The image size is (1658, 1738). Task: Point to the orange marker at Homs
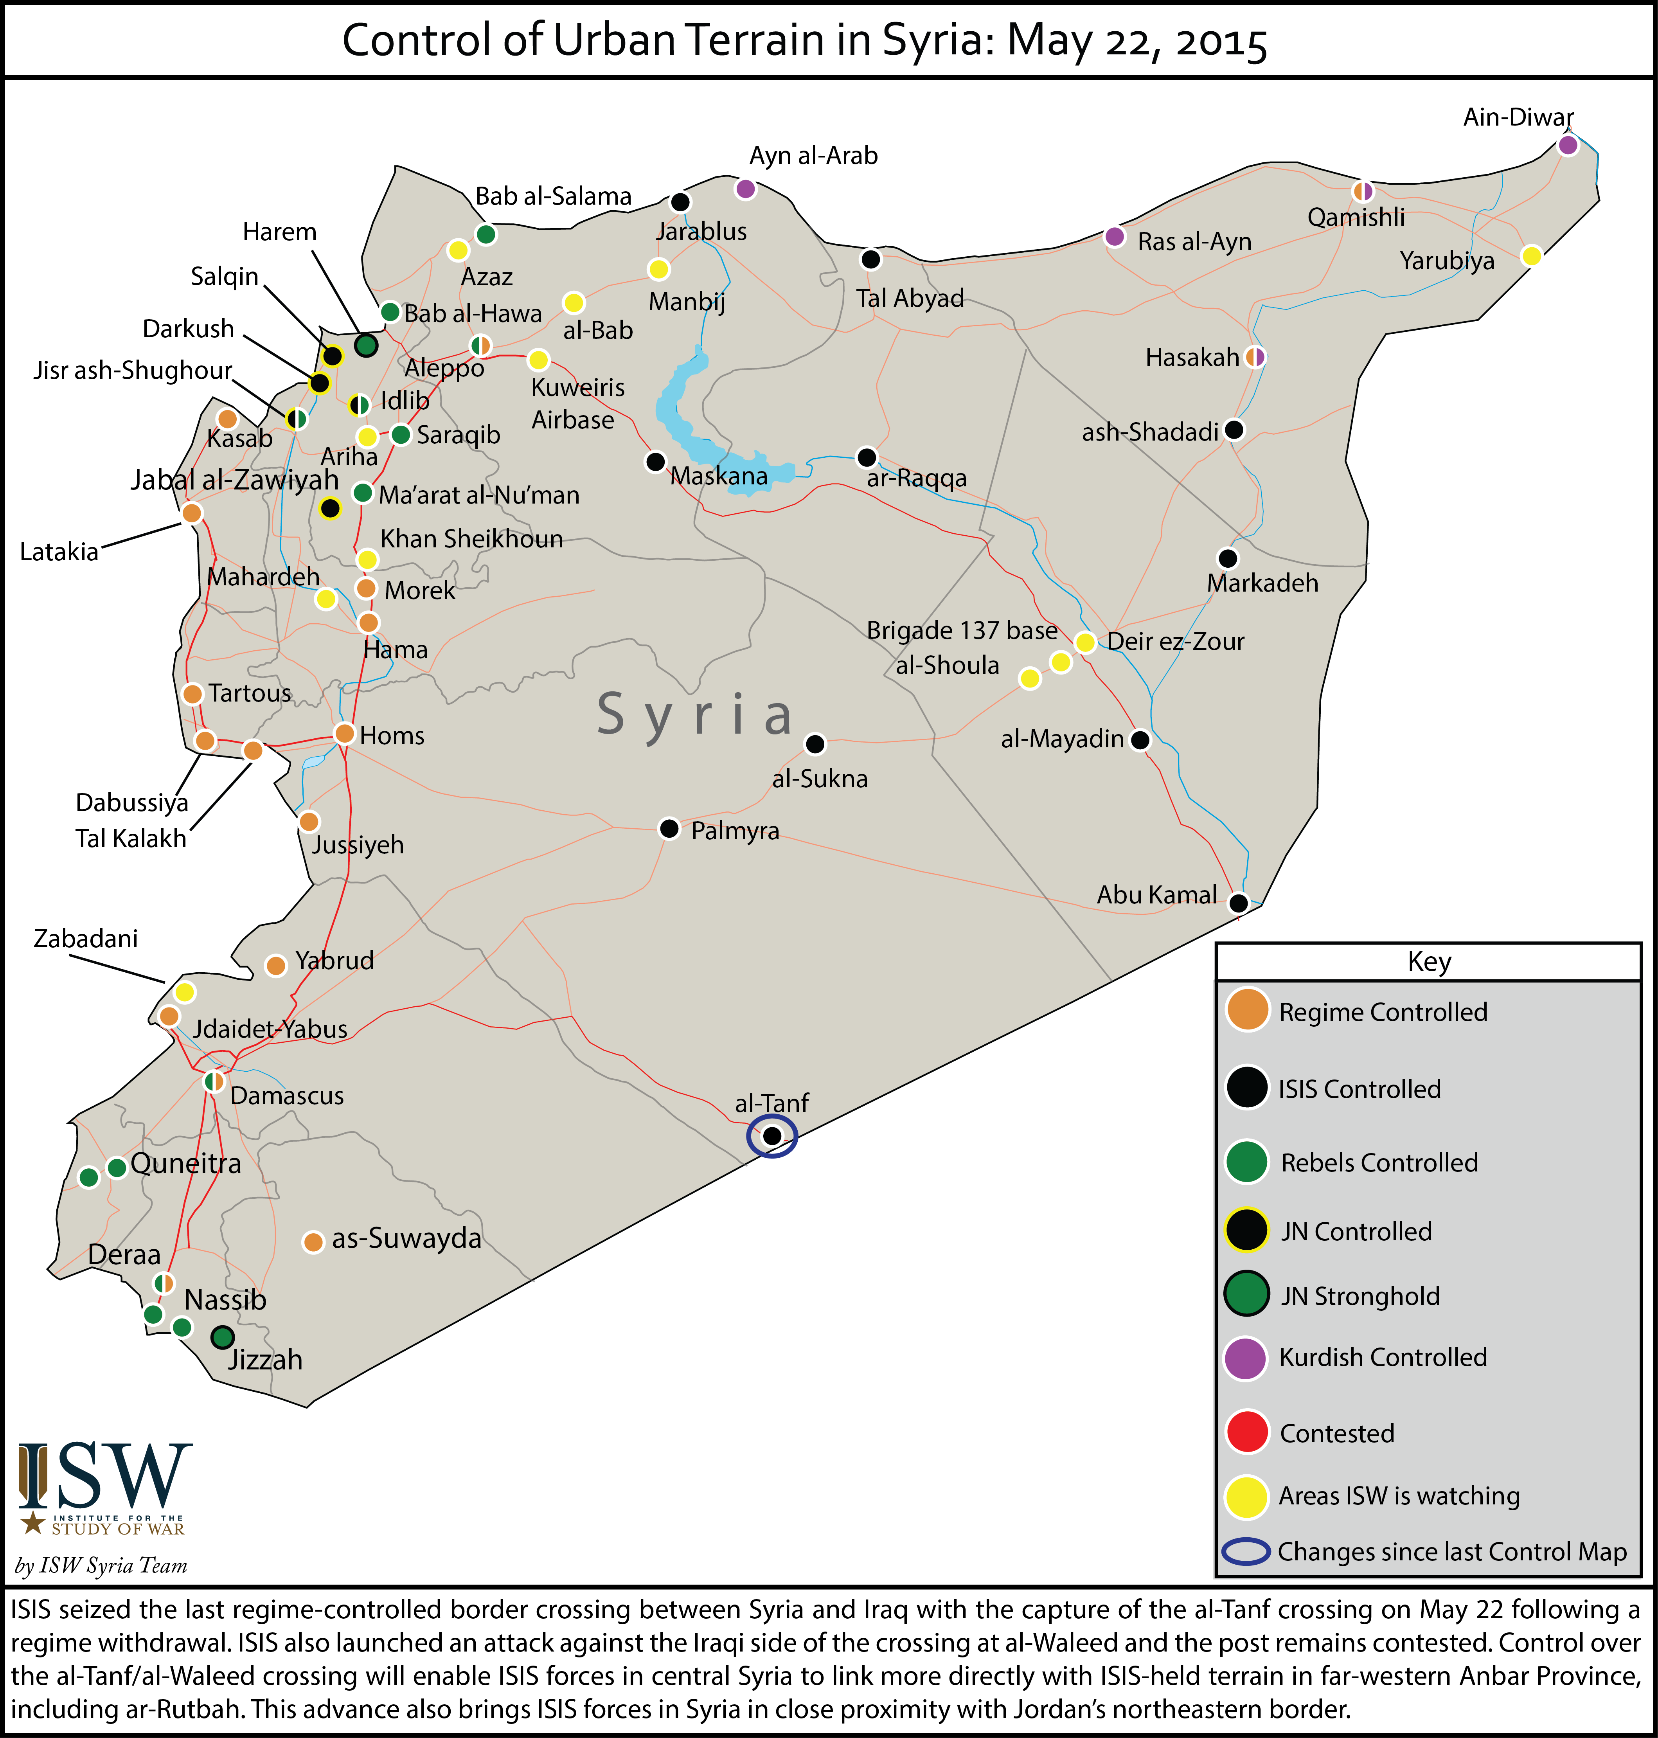(x=345, y=733)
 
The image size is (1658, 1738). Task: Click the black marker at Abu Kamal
(x=1238, y=903)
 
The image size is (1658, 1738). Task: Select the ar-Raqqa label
(x=917, y=478)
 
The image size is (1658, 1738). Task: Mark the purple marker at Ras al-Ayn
(x=1115, y=236)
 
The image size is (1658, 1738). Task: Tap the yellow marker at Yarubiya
(x=1532, y=256)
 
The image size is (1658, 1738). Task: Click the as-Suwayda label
(x=406, y=1238)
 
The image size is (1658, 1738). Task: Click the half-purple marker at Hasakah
(x=1255, y=357)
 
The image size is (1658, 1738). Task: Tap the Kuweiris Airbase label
(x=578, y=403)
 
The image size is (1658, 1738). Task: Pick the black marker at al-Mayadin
(x=1140, y=740)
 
